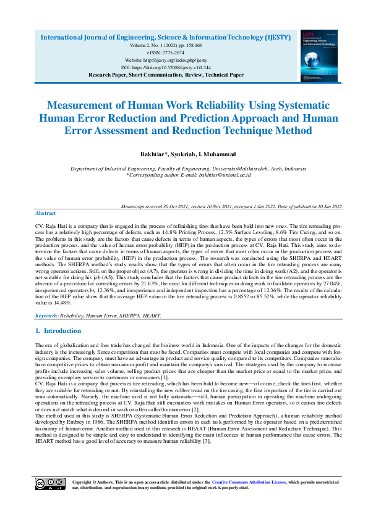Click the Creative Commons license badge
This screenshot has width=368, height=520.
tap(50, 484)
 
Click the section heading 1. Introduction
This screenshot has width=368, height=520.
tap(58, 331)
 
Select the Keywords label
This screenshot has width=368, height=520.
tap(46, 315)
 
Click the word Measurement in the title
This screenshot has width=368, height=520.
tap(86, 105)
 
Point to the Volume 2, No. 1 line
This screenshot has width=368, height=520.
tap(166, 46)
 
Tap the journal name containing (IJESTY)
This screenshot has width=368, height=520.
tap(166, 37)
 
